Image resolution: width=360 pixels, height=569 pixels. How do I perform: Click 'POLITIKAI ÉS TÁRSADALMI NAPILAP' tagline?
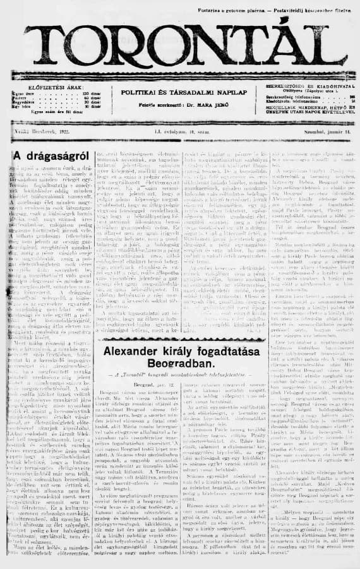[x=174, y=92]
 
